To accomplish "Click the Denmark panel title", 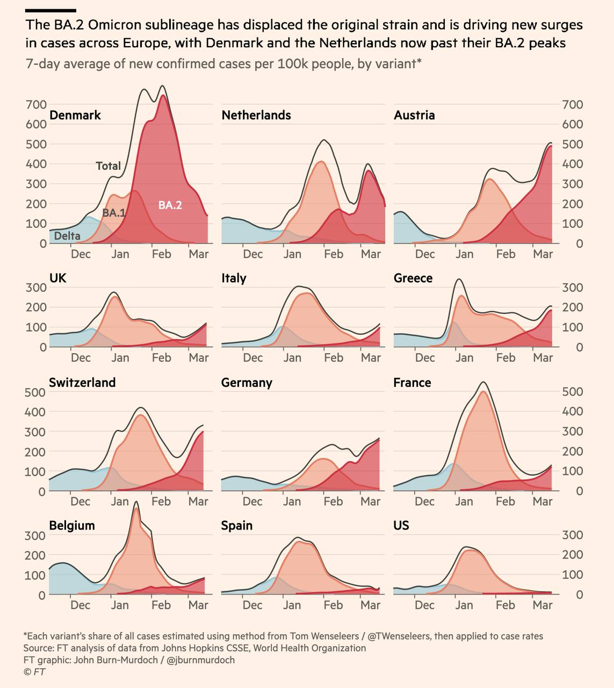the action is click(75, 115).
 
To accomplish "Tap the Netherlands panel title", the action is click(256, 115).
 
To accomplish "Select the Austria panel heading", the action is click(414, 115).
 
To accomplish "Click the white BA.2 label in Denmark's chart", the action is click(170, 205).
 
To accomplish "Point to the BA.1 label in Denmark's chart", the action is click(114, 213).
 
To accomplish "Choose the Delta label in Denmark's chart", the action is click(67, 236).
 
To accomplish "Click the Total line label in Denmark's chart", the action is click(109, 166).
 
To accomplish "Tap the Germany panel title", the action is click(247, 383).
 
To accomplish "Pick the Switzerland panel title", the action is click(83, 382).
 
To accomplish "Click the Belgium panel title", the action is click(72, 525).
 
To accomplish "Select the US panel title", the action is click(401, 525).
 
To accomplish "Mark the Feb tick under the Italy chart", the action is click(334, 357).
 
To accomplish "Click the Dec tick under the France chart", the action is click(424, 501).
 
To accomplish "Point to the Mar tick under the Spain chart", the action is click(370, 605).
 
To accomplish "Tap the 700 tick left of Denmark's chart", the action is click(36, 105).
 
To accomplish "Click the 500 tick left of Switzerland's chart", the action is click(35, 392).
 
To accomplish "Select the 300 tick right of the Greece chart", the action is click(573, 288).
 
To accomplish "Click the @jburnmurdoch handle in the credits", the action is click(200, 660).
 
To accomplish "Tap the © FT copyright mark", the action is click(34, 672).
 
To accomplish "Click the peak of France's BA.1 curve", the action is click(483, 391).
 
